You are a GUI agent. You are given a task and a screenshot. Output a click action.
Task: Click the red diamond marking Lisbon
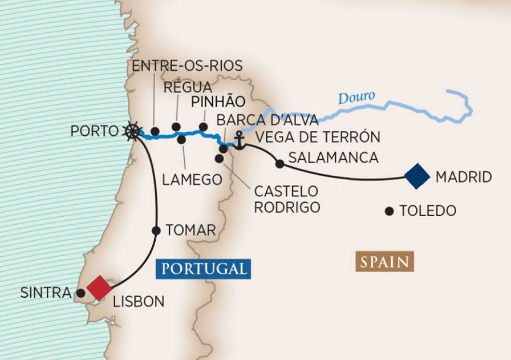99,288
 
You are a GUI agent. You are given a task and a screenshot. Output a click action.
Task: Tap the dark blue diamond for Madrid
416,176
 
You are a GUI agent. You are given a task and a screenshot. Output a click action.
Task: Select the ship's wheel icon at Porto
132,131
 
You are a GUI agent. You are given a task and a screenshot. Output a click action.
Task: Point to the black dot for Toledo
389,211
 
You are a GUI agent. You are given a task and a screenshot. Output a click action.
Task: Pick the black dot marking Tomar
156,230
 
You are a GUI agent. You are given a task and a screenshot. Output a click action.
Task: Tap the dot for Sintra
81,293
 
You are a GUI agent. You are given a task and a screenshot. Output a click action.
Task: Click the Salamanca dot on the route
279,164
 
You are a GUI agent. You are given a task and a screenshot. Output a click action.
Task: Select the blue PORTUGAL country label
203,268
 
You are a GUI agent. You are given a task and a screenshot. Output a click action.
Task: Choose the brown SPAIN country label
384,262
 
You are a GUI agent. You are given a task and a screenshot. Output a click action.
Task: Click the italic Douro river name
356,98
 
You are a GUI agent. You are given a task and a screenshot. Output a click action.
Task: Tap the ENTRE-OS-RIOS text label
187,66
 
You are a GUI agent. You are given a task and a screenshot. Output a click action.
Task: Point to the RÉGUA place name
188,87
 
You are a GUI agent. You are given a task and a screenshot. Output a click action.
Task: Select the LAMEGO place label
192,179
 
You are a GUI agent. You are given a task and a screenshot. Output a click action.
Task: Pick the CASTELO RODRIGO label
286,199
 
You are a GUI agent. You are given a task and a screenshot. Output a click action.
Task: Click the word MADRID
463,177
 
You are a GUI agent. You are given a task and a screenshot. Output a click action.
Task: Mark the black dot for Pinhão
202,127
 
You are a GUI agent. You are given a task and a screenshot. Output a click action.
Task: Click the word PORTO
94,131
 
